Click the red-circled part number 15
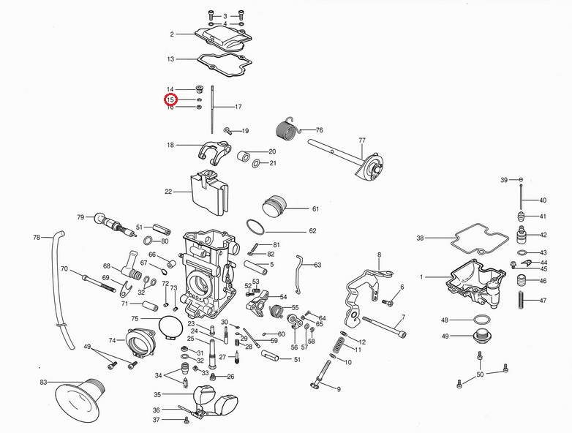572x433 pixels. pyautogui.click(x=170, y=99)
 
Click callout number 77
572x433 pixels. pyautogui.click(x=361, y=140)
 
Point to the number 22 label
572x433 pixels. pyautogui.click(x=168, y=192)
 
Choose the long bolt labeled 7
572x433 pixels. pyautogui.click(x=382, y=328)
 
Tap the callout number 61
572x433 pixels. pyautogui.click(x=315, y=209)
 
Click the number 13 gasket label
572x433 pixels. pyautogui.click(x=170, y=59)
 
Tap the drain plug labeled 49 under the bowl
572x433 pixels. pyautogui.click(x=481, y=337)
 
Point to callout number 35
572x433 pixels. pyautogui.click(x=157, y=394)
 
